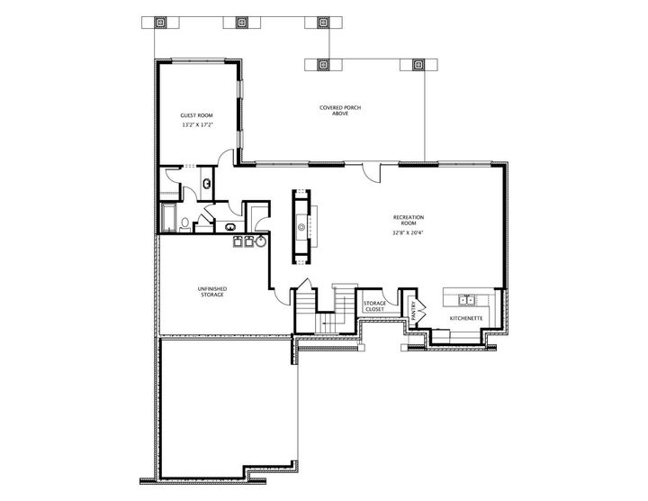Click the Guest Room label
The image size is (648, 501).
pos(196,115)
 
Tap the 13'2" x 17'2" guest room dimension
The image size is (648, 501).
pos(196,125)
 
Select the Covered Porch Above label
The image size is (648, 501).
pos(333,111)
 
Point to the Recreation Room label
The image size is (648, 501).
pos(408,220)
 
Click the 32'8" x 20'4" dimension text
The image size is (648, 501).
pos(408,232)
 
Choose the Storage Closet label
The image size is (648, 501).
pos(373,307)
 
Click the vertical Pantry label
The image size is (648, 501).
pos(413,310)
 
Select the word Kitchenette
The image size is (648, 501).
pos(467,318)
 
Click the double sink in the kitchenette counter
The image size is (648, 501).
pos(467,299)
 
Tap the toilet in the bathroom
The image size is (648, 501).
pos(184,222)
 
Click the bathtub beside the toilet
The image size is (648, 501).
pos(168,218)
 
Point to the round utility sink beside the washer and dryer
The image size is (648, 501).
pos(260,241)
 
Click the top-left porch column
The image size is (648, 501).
pos(161,22)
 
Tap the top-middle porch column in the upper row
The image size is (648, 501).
pos(241,22)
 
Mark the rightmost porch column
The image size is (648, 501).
pos(418,65)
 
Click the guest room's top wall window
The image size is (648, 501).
pos(198,61)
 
